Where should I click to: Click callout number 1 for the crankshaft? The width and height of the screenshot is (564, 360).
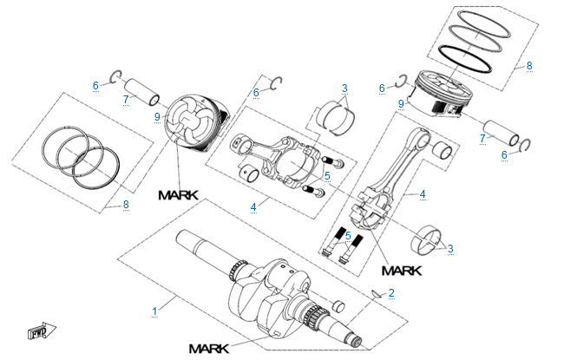[155, 310]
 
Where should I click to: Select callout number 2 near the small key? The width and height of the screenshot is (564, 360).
[391, 292]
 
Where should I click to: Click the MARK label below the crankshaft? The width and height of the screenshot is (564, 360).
[207, 349]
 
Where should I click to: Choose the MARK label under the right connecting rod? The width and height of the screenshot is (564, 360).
[400, 270]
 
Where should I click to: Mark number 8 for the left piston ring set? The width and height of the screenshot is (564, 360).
[126, 205]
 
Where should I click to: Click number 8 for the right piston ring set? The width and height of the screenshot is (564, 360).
[528, 65]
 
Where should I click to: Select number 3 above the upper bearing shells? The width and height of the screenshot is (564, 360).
[344, 88]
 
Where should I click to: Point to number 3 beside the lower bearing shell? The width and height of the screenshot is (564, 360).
[450, 249]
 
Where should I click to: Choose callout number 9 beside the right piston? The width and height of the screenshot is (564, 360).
[400, 105]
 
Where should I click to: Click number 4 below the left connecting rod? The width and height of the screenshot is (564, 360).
[253, 207]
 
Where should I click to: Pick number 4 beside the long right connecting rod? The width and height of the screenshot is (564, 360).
[423, 194]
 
